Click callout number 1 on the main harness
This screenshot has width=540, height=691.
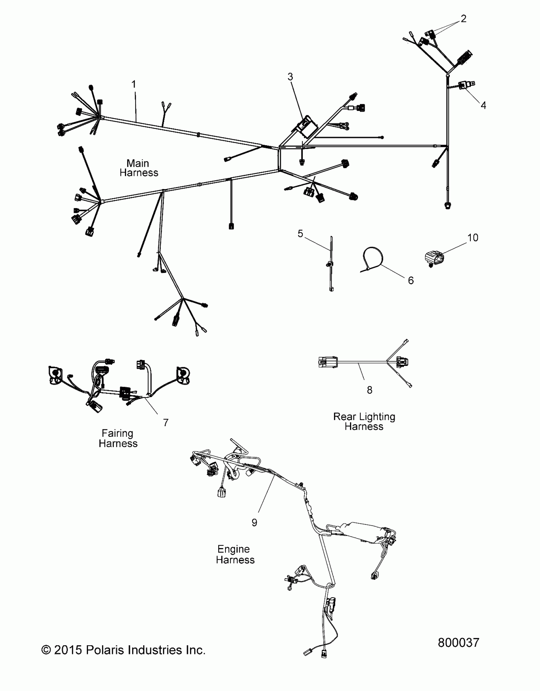tap(134, 84)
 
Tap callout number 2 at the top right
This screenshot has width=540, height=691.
tap(463, 19)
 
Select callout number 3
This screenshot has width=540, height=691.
tap(290, 77)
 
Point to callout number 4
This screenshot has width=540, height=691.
tap(483, 105)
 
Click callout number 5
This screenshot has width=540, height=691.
tap(300, 234)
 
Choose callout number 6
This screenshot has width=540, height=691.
tap(411, 280)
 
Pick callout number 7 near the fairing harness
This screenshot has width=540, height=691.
tap(165, 422)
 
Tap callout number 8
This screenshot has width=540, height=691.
tap(369, 390)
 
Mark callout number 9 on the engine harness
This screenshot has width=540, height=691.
tap(254, 522)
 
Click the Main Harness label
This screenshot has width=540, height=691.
tap(138, 168)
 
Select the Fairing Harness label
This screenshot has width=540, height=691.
tap(118, 438)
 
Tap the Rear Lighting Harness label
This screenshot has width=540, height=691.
tap(364, 421)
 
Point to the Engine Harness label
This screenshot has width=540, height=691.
tap(235, 554)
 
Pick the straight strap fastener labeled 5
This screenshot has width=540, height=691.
tap(331, 264)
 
